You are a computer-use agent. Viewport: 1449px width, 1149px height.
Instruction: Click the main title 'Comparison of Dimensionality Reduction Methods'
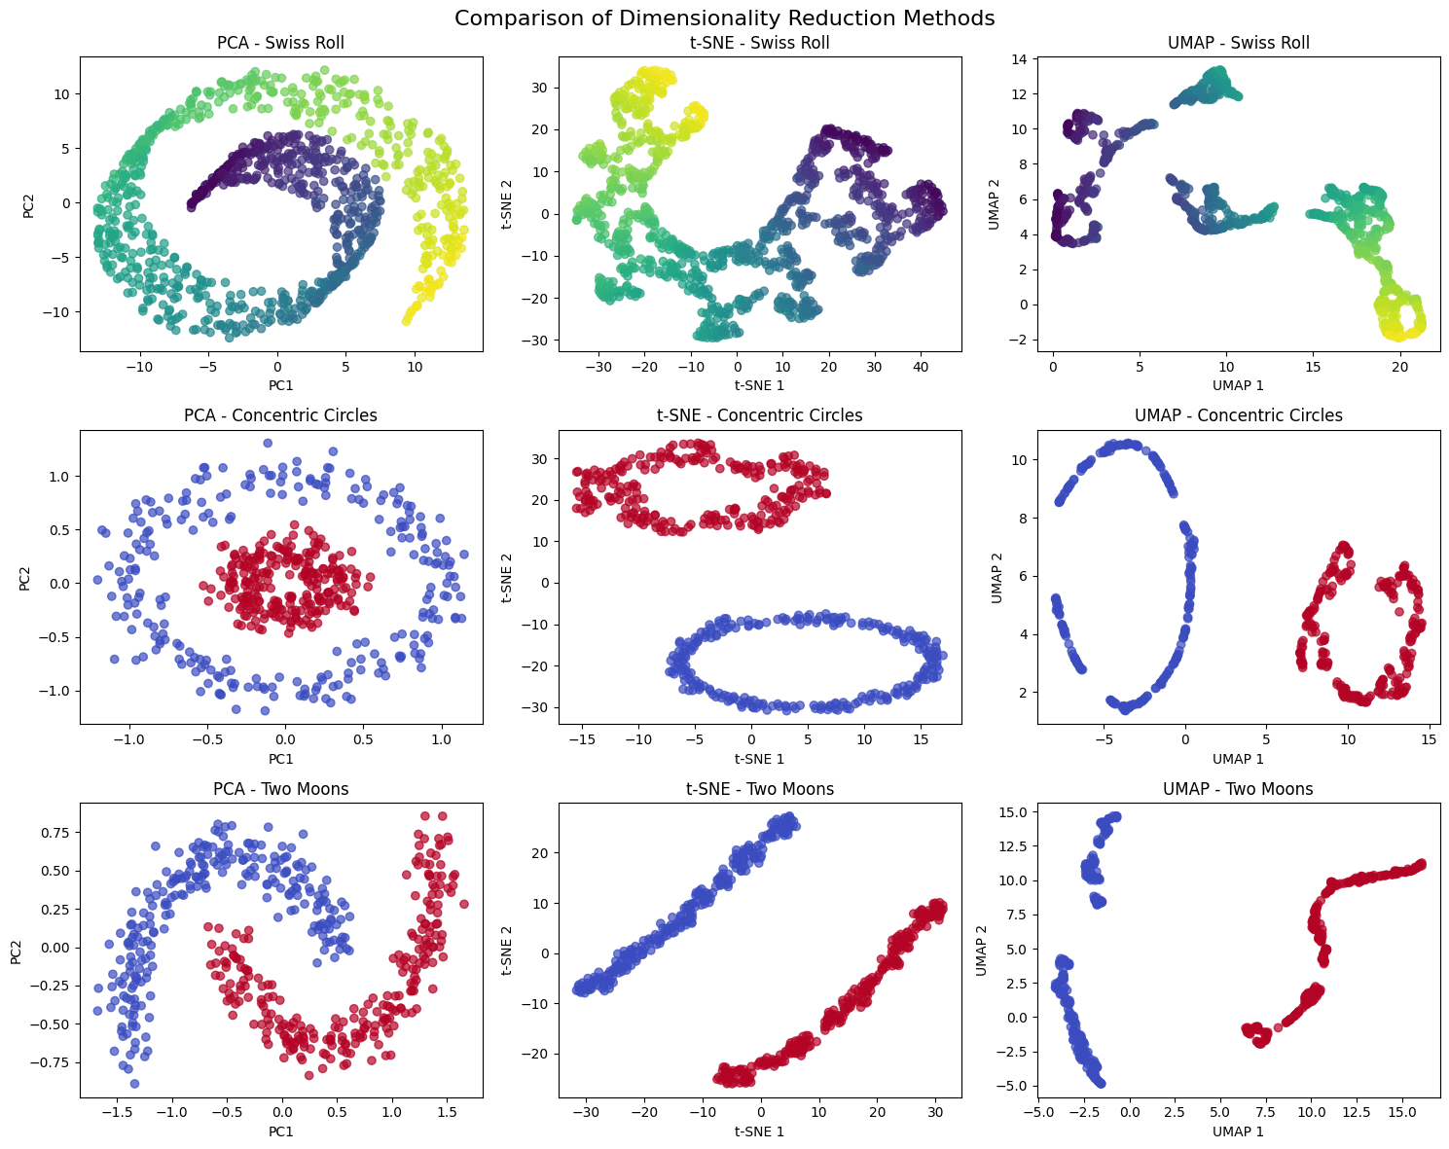pos(724,18)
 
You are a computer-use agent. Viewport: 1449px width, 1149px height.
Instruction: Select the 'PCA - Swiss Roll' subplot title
pos(280,43)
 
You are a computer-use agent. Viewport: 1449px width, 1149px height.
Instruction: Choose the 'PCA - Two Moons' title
pos(280,789)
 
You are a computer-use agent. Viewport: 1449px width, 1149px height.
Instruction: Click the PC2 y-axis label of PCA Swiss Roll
pos(29,203)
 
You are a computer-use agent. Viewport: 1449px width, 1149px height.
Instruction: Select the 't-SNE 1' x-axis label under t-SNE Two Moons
pos(760,1131)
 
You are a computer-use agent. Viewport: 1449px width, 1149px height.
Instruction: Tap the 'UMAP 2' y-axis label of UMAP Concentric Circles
pos(996,577)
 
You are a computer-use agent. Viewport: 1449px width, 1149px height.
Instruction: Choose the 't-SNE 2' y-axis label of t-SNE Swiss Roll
pos(506,203)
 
